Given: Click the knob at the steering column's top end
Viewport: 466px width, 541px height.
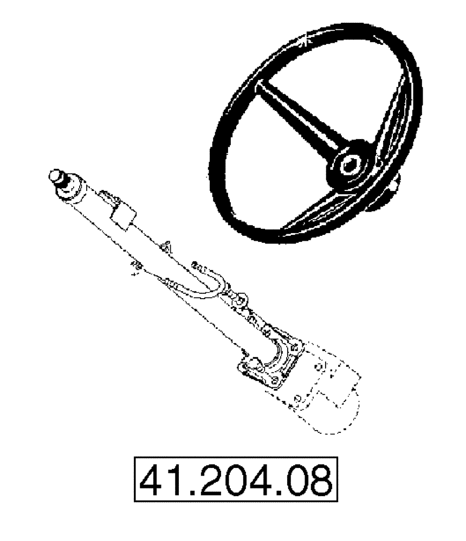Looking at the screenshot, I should pos(56,175).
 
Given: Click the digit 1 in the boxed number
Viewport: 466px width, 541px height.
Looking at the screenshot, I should pos(173,480).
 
